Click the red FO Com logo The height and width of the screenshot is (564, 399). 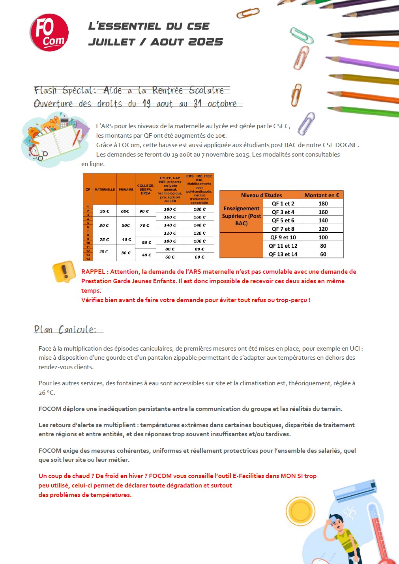click(x=49, y=33)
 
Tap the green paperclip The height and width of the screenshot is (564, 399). click(x=302, y=35)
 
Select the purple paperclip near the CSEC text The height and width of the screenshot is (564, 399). click(x=306, y=123)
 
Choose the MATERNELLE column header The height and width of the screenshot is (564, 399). click(x=105, y=190)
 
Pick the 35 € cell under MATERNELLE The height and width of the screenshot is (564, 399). click(x=105, y=211)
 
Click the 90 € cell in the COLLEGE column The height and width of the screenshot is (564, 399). click(x=144, y=211)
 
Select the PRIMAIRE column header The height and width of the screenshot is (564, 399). click(x=126, y=190)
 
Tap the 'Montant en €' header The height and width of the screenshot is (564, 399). click(x=322, y=195)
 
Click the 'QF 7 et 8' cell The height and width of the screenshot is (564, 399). click(x=283, y=229)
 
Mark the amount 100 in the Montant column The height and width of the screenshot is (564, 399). click(x=323, y=237)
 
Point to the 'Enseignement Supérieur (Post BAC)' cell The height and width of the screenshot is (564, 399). click(x=242, y=216)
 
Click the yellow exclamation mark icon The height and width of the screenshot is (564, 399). click(x=64, y=271)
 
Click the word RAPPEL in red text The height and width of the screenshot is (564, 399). click(x=93, y=272)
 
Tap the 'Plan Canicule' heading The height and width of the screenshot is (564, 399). click(x=66, y=330)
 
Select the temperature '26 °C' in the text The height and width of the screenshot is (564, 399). click(x=47, y=393)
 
